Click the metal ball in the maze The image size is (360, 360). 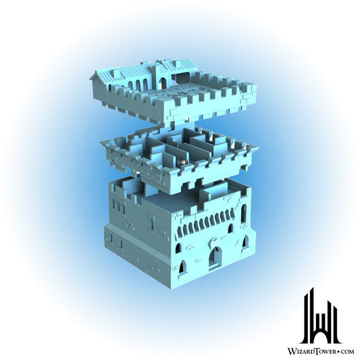181,163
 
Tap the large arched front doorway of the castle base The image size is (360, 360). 215,257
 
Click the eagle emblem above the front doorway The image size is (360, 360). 213,241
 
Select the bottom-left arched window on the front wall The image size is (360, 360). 182,267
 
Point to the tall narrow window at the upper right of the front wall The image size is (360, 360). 243,213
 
